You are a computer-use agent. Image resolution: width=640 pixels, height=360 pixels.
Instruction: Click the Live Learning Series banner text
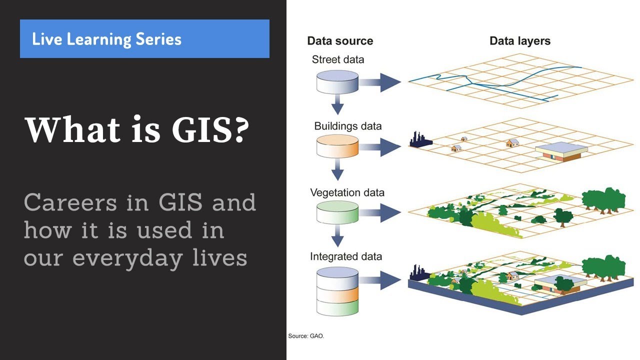pos(106,39)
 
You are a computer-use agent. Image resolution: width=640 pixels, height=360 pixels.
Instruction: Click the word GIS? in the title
pos(210,130)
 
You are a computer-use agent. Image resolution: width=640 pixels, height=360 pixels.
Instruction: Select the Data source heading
pos(340,41)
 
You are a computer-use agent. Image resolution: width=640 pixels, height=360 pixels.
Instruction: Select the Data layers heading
pos(520,41)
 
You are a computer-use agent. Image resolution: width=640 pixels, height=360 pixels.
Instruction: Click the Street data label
pos(338,59)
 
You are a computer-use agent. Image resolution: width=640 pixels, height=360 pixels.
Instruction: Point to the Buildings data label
pos(347,126)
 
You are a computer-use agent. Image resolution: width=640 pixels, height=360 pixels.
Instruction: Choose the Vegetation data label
pos(347,192)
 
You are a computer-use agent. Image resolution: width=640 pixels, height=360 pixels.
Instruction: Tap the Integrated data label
pos(346,256)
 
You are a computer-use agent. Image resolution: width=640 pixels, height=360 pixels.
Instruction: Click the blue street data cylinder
pos(337,81)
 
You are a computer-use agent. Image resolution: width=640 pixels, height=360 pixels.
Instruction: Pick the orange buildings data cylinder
pos(337,146)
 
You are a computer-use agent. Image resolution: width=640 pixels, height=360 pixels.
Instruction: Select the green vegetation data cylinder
pos(337,212)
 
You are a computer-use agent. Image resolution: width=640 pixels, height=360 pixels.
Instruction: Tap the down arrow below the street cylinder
pos(337,104)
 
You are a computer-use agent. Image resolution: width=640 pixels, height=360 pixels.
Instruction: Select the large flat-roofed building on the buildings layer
pos(560,151)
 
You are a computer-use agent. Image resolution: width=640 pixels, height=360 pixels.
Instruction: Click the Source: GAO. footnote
pos(306,336)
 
